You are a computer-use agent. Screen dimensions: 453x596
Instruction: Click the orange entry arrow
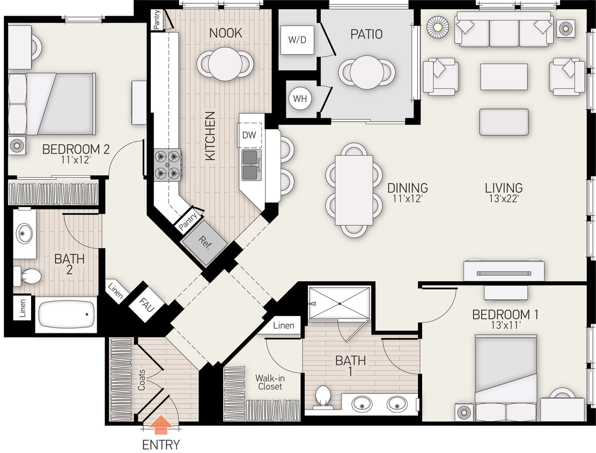(160, 427)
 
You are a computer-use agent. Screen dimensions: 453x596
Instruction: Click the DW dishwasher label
(249, 135)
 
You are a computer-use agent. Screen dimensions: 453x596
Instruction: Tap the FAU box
(144, 308)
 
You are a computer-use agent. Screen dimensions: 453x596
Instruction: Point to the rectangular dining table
(354, 190)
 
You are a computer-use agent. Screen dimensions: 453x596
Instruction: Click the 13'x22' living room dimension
(504, 199)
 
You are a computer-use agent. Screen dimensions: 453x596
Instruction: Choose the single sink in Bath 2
(25, 233)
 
